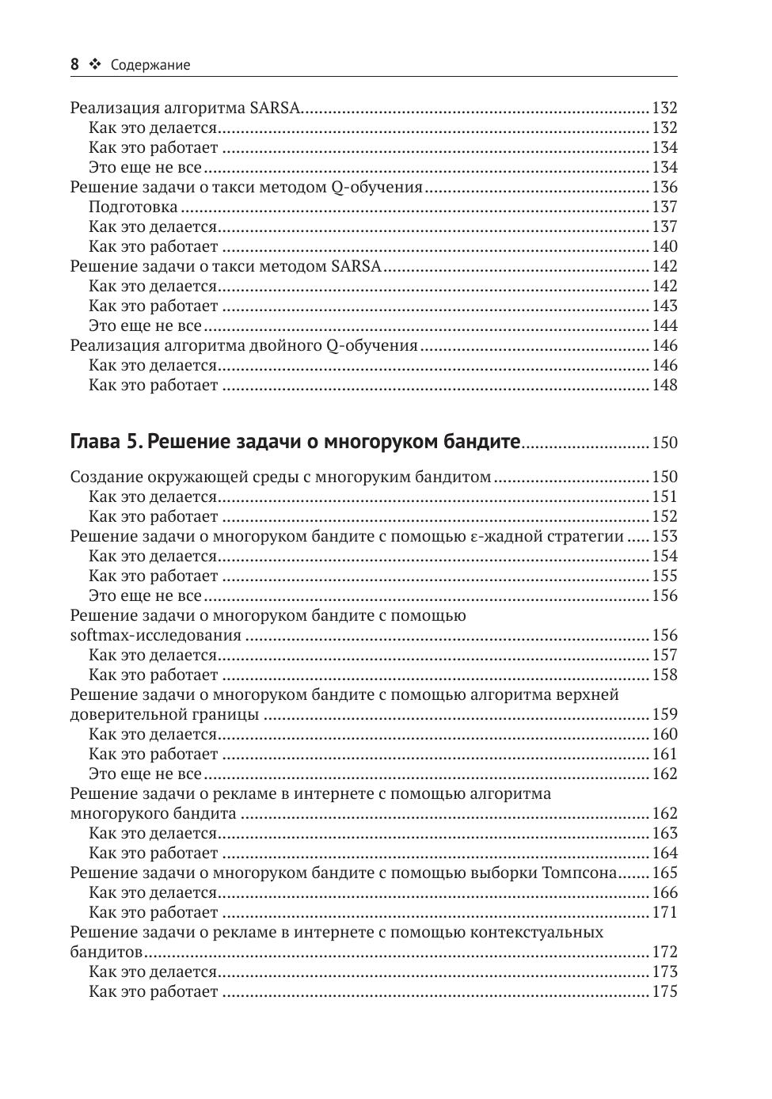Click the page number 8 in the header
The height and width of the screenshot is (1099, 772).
(74, 65)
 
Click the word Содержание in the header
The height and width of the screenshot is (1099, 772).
(150, 65)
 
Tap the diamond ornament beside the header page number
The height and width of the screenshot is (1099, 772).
(95, 65)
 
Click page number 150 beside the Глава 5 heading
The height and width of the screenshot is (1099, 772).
(664, 443)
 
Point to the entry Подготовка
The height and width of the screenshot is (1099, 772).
(133, 207)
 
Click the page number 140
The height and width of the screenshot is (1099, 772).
(664, 247)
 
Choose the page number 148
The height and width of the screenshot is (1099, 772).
(664, 386)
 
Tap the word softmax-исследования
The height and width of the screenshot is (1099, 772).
(155, 636)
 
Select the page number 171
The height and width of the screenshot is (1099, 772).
(664, 913)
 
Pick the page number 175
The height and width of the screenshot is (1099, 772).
(664, 992)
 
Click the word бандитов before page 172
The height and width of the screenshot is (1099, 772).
(106, 953)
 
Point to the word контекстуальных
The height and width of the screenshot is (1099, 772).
(537, 933)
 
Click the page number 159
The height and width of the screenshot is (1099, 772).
(664, 715)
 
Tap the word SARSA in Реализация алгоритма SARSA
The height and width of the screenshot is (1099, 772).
(275, 108)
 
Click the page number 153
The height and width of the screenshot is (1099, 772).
(664, 537)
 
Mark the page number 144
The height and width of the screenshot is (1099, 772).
(664, 326)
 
